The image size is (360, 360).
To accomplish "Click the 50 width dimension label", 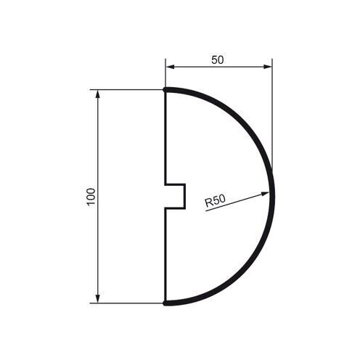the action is tap(218, 60).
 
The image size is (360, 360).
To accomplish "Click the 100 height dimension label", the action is tap(91, 196).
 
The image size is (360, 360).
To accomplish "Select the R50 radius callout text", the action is tap(215, 201).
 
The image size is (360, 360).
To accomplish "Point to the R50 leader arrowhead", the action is tap(265, 194).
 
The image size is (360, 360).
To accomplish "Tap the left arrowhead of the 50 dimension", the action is tap(170, 67).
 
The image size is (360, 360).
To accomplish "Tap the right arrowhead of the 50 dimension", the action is tap(267, 67).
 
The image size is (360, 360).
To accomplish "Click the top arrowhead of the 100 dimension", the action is tap(97, 94).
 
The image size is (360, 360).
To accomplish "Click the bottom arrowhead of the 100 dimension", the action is tap(97, 298).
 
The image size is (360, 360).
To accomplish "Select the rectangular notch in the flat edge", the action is tap(175, 196).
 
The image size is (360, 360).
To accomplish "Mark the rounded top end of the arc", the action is tap(165, 90).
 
